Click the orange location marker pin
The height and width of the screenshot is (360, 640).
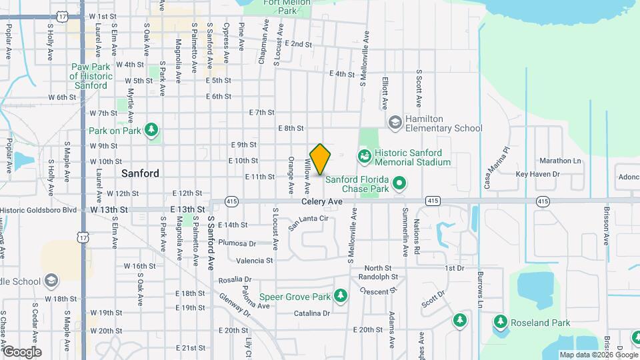tap(320, 159)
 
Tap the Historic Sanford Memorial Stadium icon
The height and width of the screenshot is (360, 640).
tap(365, 157)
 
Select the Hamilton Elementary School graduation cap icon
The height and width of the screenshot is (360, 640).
tap(395, 122)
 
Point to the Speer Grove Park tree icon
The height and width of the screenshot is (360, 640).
tap(341, 295)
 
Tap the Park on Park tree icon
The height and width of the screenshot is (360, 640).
tap(152, 129)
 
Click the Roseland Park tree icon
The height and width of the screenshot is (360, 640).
tap(501, 323)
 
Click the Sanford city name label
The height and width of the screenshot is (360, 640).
tap(140, 173)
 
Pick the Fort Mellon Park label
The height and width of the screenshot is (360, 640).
tap(279, 6)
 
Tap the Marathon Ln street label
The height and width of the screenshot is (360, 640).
tap(560, 161)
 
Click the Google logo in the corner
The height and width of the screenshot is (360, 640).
tap(21, 352)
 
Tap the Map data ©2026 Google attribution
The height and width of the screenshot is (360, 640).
tap(598, 355)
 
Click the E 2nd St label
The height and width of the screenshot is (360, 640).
tap(297, 44)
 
